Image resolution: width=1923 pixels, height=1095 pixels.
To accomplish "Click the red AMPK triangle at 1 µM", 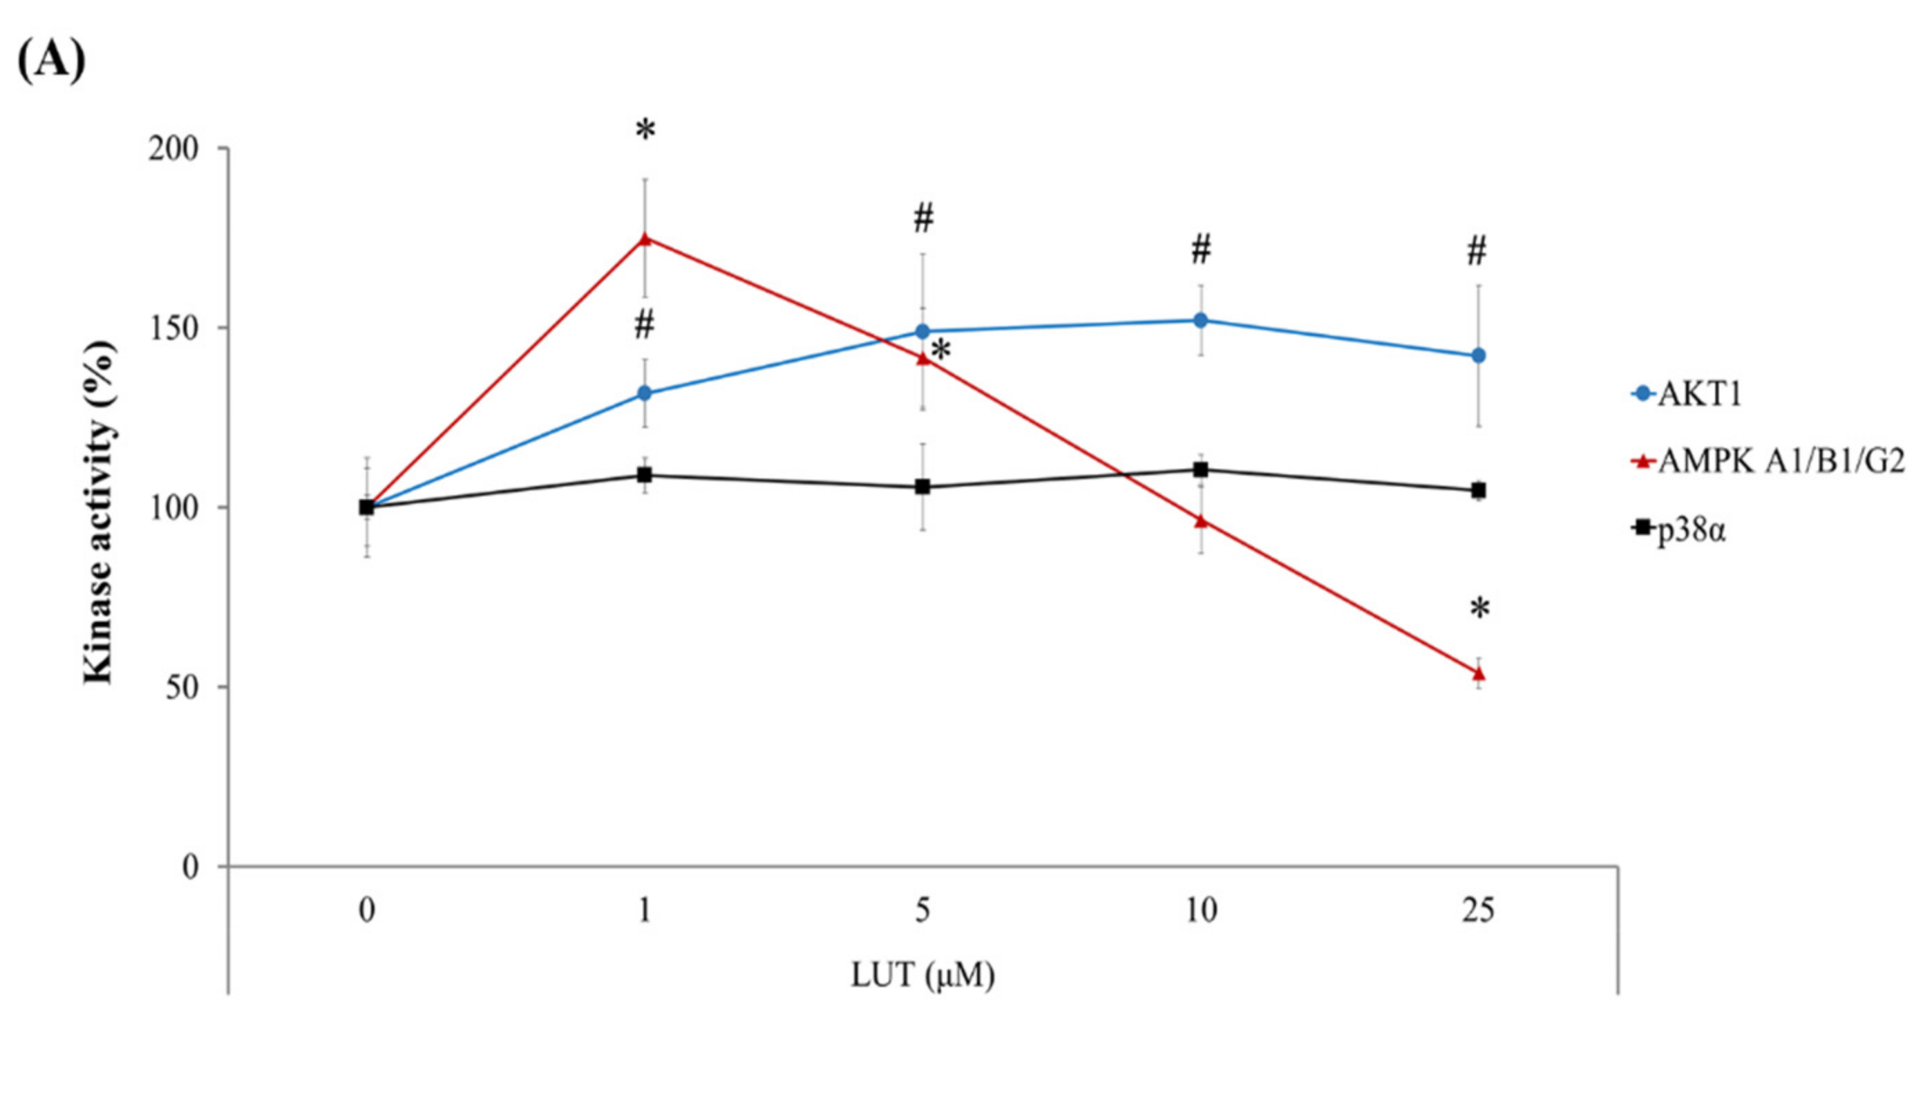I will pyautogui.click(x=644, y=239).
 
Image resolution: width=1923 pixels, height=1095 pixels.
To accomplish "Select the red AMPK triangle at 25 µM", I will pyautogui.click(x=1478, y=673).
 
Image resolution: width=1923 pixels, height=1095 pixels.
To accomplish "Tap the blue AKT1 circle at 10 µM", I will pyautogui.click(x=1200, y=320).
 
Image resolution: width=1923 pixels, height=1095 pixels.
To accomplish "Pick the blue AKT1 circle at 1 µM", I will pyautogui.click(x=644, y=393).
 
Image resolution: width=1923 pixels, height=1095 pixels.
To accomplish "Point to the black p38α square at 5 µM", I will pyautogui.click(x=922, y=487).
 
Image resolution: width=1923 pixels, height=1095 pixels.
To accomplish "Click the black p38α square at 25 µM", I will pyautogui.click(x=1478, y=490).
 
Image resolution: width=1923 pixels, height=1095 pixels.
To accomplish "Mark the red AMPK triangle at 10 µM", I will pyautogui.click(x=1200, y=521).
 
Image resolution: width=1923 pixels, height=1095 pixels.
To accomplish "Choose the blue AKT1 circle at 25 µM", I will pyautogui.click(x=1478, y=356).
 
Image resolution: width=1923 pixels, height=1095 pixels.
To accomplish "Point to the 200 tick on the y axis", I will pyautogui.click(x=173, y=149).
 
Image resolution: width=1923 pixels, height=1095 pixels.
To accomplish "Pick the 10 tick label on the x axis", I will pyautogui.click(x=1200, y=912).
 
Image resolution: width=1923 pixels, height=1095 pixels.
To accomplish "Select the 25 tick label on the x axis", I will pyautogui.click(x=1478, y=912).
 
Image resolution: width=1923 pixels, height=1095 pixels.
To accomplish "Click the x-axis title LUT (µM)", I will pyautogui.click(x=922, y=975).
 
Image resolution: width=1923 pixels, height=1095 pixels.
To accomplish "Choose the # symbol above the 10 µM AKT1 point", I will pyautogui.click(x=1200, y=250).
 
